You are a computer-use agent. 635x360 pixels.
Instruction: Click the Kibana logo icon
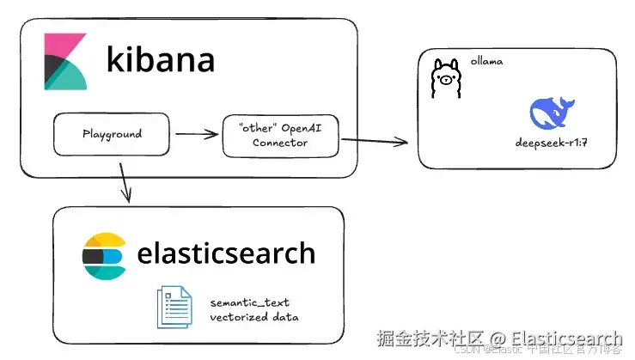pos(65,62)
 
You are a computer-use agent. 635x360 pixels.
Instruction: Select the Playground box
pos(111,135)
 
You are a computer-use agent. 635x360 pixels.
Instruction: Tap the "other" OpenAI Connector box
pos(279,135)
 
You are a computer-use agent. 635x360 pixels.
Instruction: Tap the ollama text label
pos(486,62)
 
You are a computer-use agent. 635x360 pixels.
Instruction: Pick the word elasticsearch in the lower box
pos(226,253)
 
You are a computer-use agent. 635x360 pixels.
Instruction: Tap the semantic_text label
pos(250,302)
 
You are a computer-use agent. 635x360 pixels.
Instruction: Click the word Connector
pos(279,143)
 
